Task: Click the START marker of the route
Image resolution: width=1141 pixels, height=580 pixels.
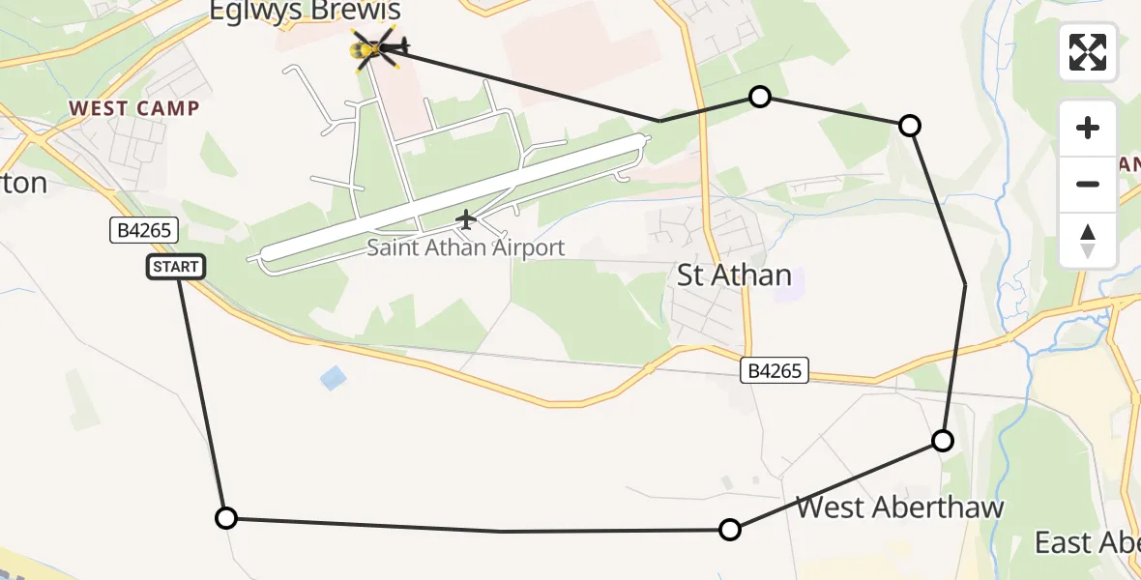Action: pyautogui.click(x=176, y=267)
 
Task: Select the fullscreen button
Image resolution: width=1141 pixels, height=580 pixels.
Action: pyautogui.click(x=1088, y=52)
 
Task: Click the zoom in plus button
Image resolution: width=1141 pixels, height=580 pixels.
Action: pyautogui.click(x=1088, y=128)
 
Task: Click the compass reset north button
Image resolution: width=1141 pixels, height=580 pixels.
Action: pyautogui.click(x=1088, y=240)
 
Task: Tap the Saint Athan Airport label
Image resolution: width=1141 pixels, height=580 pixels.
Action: pyautogui.click(x=465, y=247)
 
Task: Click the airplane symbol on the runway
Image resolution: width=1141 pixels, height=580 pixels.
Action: pyautogui.click(x=466, y=220)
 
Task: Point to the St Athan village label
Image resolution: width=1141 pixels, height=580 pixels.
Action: pyautogui.click(x=734, y=275)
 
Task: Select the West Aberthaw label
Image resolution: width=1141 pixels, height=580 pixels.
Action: pyautogui.click(x=899, y=507)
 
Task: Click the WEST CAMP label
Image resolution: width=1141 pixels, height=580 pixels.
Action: pyautogui.click(x=134, y=108)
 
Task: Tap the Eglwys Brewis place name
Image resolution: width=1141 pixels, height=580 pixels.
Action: pyautogui.click(x=305, y=13)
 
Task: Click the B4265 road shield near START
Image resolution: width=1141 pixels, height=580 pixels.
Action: pyautogui.click(x=143, y=231)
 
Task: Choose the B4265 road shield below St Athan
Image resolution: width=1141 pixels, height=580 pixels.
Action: pyautogui.click(x=775, y=369)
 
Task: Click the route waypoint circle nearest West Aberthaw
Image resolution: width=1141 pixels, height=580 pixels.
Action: pyautogui.click(x=942, y=441)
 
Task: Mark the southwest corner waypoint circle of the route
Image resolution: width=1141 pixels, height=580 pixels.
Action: pyautogui.click(x=225, y=518)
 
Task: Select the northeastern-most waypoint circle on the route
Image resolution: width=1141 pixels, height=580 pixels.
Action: pyautogui.click(x=909, y=125)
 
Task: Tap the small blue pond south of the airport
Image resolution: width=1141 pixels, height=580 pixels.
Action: pyautogui.click(x=333, y=378)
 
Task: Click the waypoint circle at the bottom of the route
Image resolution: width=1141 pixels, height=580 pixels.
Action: pyautogui.click(x=730, y=529)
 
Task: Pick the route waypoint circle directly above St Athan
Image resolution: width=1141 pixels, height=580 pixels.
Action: pyautogui.click(x=760, y=96)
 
